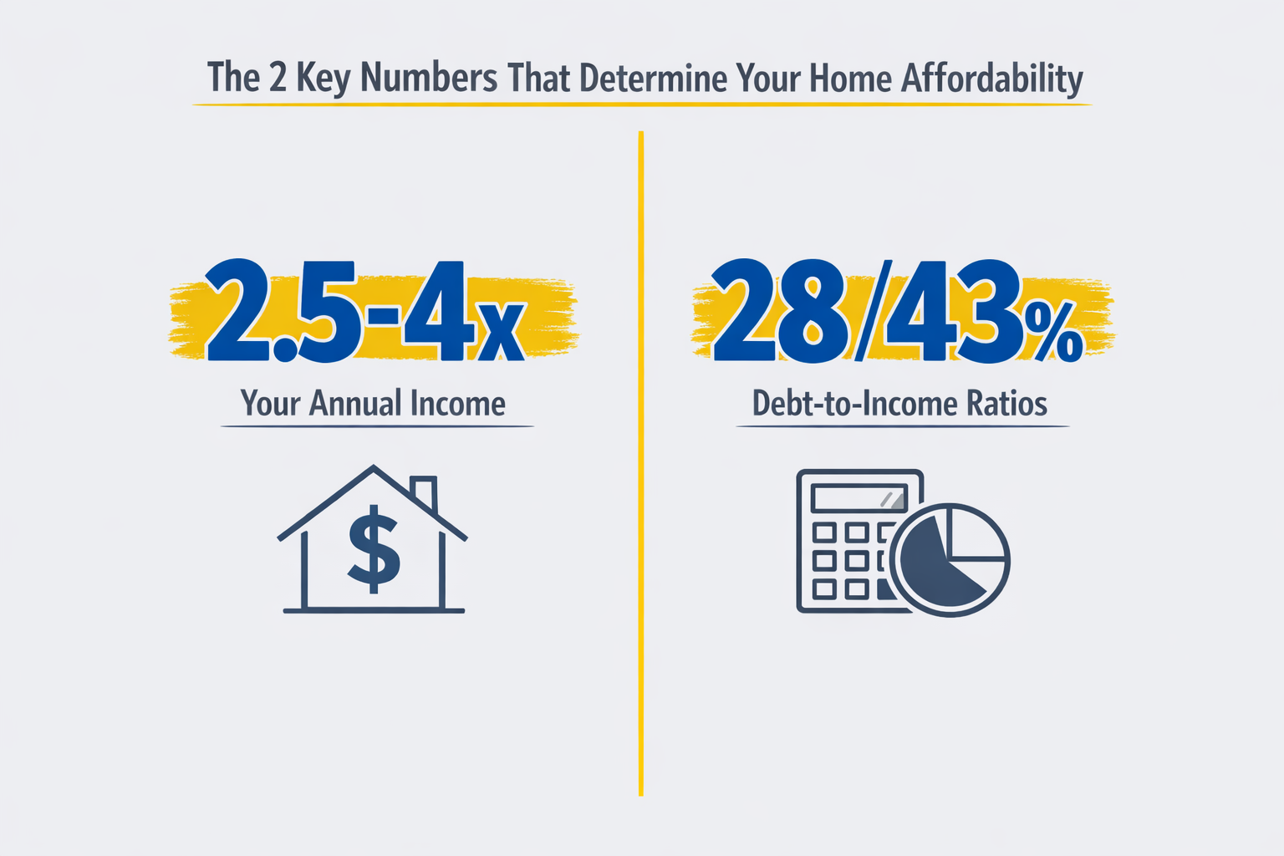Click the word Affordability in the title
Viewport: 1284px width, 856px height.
991,79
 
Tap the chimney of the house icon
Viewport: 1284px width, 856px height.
424,492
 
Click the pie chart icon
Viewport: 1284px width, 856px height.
950,559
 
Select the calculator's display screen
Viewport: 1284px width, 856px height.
859,500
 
